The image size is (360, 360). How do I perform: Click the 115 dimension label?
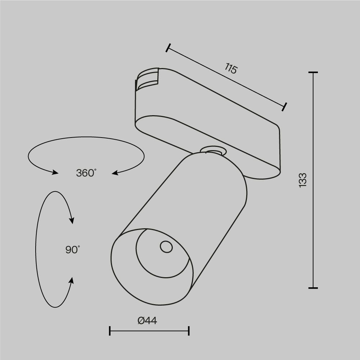[x=231, y=68]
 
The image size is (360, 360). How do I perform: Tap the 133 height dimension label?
[x=303, y=180]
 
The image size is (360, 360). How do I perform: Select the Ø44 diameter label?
[x=148, y=320]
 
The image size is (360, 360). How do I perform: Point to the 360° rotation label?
[x=86, y=173]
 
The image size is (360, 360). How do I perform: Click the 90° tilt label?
[x=73, y=249]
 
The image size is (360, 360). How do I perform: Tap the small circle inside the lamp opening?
[x=166, y=247]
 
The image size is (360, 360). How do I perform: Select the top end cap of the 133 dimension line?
[x=313, y=73]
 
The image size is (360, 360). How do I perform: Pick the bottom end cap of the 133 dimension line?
[x=313, y=288]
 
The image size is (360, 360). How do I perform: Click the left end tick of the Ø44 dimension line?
[x=110, y=331]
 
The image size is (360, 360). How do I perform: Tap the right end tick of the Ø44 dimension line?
[x=189, y=331]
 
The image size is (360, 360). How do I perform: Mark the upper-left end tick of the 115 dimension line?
[x=168, y=48]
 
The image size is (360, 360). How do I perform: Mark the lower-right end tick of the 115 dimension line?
[x=285, y=107]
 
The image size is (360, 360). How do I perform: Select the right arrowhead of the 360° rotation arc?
[x=115, y=174]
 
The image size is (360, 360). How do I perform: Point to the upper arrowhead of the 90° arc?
[x=72, y=220]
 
